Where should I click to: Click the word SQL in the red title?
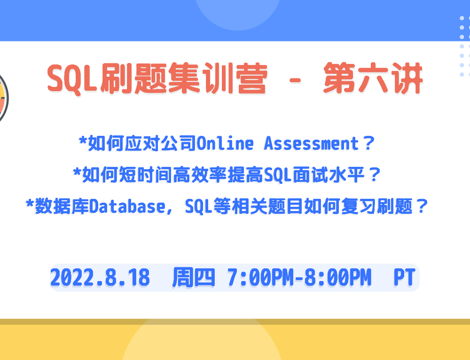[x=72, y=78]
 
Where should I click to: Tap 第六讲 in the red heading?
[x=373, y=78]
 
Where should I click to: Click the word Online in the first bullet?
[x=225, y=143]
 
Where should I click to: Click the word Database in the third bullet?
[x=127, y=206]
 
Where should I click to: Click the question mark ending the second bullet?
[x=375, y=175]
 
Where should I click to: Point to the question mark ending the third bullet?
[x=422, y=206]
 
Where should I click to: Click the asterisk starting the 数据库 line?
[x=30, y=203]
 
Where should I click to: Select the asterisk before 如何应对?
[x=83, y=141]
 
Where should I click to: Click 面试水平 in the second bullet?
[x=329, y=175]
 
